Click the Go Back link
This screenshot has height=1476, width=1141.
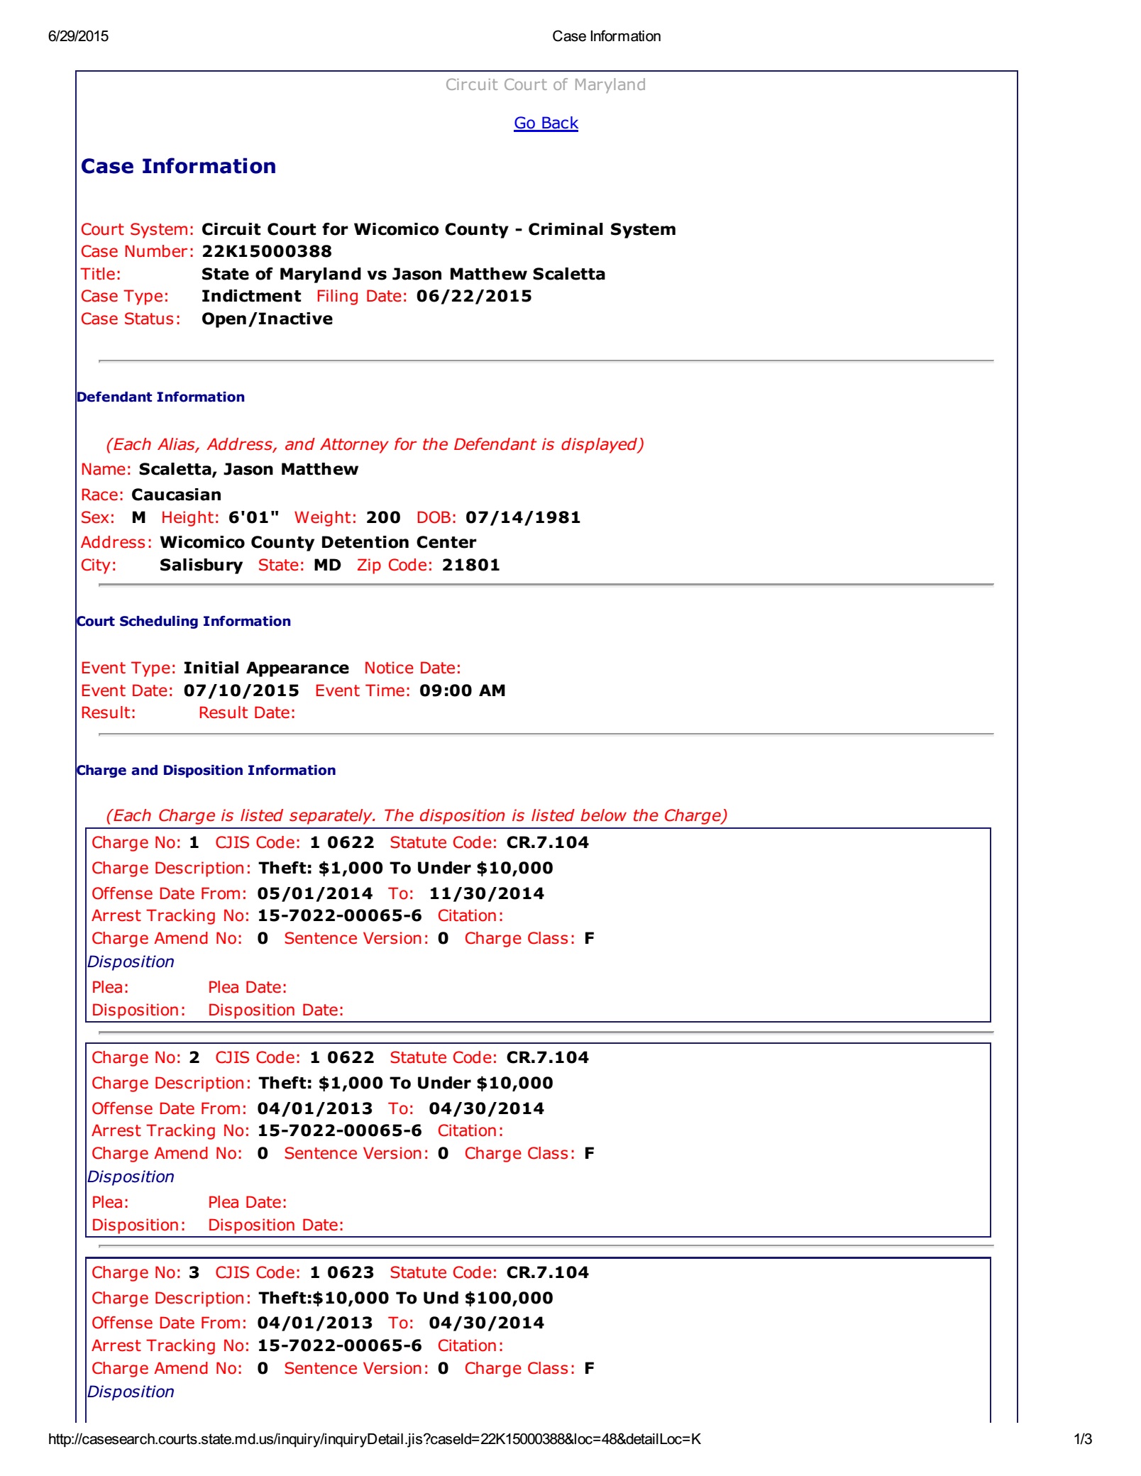coord(546,123)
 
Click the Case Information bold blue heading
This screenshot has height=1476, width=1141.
coord(178,166)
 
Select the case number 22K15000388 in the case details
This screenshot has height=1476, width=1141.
coord(267,251)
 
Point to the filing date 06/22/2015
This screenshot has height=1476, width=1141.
coord(474,296)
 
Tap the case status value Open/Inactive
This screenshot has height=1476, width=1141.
coord(267,319)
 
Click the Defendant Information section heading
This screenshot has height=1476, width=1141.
coord(160,397)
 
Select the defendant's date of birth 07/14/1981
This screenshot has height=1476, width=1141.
coord(523,517)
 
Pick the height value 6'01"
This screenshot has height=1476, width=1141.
coord(253,517)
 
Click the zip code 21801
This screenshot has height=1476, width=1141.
coord(471,565)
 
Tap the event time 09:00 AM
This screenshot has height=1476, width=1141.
coord(462,690)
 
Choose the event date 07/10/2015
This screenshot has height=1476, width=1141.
coord(241,690)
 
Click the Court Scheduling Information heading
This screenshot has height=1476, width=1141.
coord(184,621)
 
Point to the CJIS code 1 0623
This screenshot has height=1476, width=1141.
coord(342,1272)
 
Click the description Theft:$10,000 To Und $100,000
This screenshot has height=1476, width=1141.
coord(406,1298)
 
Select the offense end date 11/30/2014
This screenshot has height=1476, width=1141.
coord(487,893)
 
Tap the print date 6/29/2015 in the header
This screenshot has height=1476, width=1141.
coord(78,36)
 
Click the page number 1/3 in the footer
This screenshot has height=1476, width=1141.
coord(1082,1439)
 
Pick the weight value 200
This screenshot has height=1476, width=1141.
coord(383,517)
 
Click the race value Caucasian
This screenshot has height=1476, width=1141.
coord(177,495)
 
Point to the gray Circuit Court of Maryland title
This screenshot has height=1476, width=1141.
coord(546,84)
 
